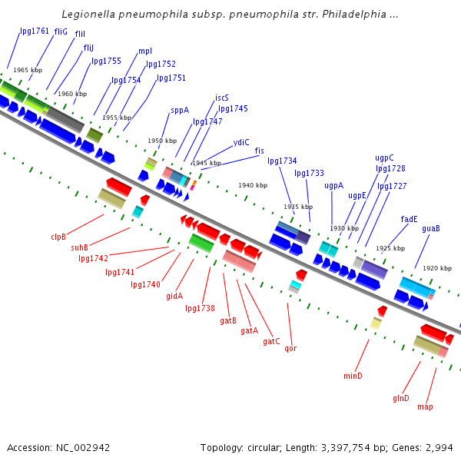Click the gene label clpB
coord(58,237)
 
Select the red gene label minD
coord(353,376)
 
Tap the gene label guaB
coord(431,228)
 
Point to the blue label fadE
coord(410,219)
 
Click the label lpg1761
coord(34,32)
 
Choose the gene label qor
coord(290,348)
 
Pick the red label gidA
coord(174,296)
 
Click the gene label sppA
coord(180,110)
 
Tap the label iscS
coord(222,98)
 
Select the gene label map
coord(425,406)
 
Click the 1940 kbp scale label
coord(253,185)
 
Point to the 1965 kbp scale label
coord(28,70)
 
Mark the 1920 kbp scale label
coord(437,268)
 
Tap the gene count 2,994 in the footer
coord(439,447)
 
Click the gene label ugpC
coord(384,158)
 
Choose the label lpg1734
coord(282,161)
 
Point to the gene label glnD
coord(401,398)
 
